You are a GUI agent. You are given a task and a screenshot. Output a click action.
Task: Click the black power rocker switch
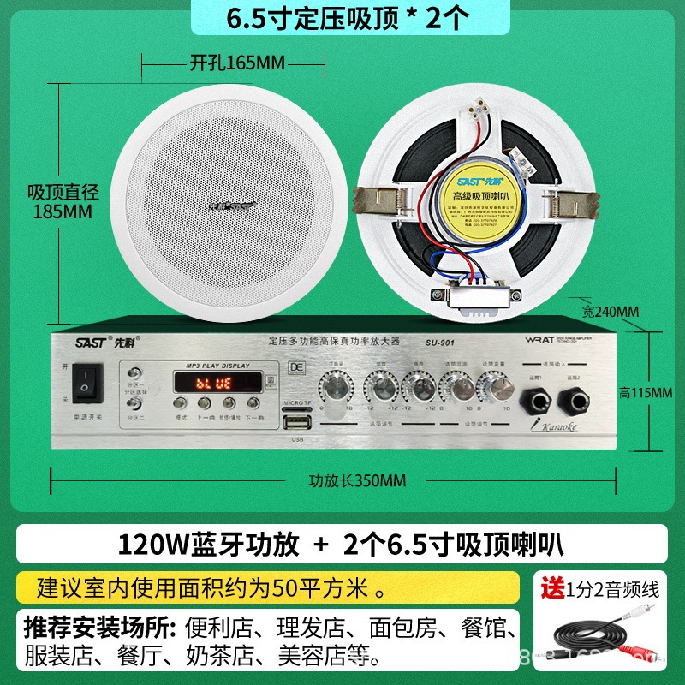tap(86, 383)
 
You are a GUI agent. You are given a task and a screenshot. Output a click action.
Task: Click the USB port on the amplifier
tap(297, 422)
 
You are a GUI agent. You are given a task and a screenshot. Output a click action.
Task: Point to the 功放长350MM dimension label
tap(357, 479)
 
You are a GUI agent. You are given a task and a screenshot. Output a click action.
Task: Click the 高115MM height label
tap(646, 393)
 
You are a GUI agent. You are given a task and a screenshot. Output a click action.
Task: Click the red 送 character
tap(551, 589)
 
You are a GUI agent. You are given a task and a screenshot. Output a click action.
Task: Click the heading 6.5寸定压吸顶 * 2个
tap(342, 19)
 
